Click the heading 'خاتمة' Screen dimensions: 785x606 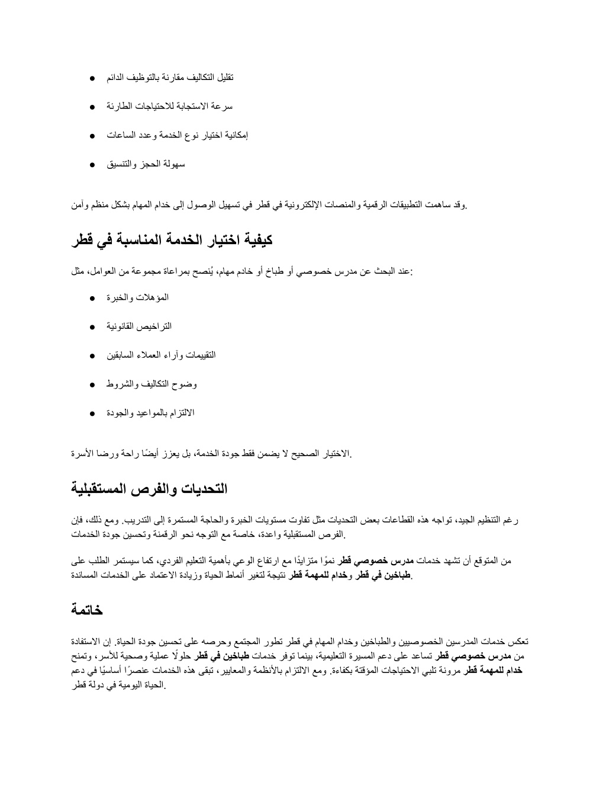(x=88, y=609)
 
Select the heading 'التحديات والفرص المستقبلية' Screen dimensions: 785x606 (x=149, y=489)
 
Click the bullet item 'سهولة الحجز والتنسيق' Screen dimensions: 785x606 (x=146, y=164)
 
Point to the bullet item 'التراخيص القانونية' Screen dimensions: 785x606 (x=139, y=326)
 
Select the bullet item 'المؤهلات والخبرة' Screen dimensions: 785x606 (x=137, y=297)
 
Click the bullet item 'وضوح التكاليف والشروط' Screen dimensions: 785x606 (x=151, y=384)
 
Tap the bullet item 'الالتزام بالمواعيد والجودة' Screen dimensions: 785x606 (x=150, y=413)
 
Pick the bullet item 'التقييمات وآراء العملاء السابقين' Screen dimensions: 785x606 (x=161, y=355)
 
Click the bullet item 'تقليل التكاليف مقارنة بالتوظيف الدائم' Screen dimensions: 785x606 (x=170, y=78)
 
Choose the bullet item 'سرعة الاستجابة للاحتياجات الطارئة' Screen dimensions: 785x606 (x=170, y=107)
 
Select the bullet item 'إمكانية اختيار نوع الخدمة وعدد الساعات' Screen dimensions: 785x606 (x=177, y=135)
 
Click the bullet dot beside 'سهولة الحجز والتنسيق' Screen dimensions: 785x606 (x=94, y=165)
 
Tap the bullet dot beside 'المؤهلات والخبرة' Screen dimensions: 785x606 (x=94, y=298)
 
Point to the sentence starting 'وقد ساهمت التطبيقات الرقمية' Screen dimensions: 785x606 (x=269, y=205)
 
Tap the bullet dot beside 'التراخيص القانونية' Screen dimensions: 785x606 (x=94, y=327)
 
